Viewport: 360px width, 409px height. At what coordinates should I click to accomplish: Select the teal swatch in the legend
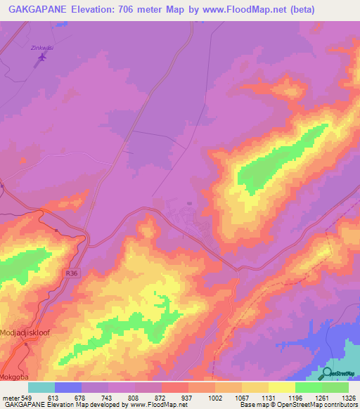click(41, 387)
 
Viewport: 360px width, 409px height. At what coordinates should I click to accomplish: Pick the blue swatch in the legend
click(67, 387)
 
